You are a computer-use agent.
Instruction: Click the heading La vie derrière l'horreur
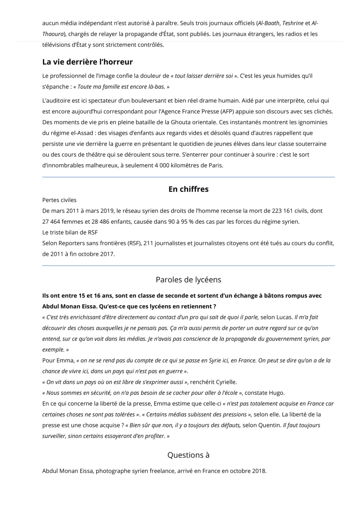88,62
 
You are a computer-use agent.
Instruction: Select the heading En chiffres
188,189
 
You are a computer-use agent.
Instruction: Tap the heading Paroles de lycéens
188,280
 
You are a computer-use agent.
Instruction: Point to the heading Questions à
188,455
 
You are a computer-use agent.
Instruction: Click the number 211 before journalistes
148,243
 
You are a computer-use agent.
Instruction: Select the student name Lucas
283,317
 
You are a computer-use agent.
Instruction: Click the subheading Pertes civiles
59,200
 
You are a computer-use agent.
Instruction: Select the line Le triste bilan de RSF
70,232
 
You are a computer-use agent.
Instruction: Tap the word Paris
216,166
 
